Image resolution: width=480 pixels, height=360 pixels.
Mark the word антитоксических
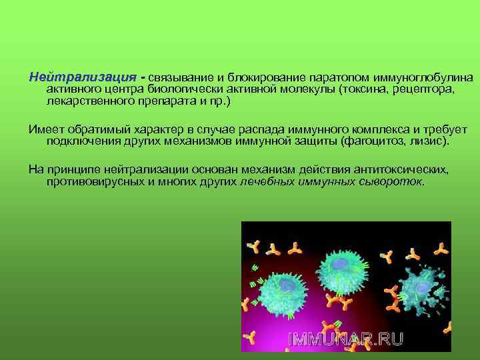click(x=400, y=169)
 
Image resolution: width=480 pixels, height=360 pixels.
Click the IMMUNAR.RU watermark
click(x=345, y=338)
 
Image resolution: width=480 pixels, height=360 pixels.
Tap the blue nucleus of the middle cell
click(x=341, y=265)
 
